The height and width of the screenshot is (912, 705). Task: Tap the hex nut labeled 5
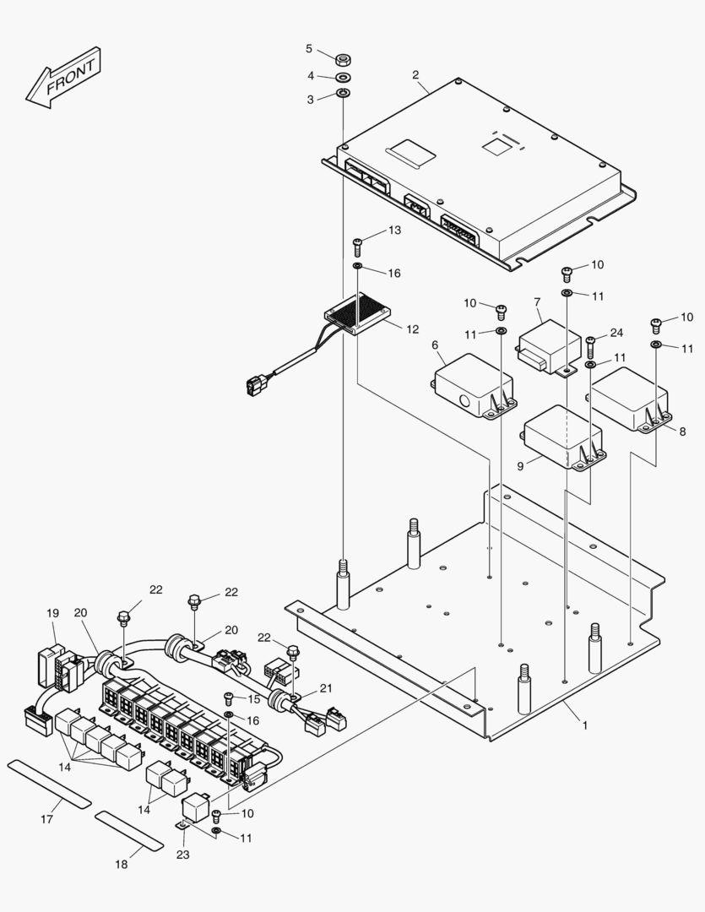point(344,59)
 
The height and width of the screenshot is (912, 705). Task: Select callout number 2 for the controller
point(415,75)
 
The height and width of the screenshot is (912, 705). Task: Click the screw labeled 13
point(358,245)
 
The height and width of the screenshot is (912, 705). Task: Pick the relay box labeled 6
point(474,384)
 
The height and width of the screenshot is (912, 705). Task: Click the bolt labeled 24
point(590,344)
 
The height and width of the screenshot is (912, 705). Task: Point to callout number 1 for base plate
point(584,724)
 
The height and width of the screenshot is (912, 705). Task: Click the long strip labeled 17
point(49,783)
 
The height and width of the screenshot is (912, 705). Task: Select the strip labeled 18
point(128,830)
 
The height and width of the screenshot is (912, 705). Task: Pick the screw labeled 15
point(228,698)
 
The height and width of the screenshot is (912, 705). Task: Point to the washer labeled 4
point(344,79)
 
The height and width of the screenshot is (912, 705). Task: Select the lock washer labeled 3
point(344,94)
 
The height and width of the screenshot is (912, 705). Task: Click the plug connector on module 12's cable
point(254,387)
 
